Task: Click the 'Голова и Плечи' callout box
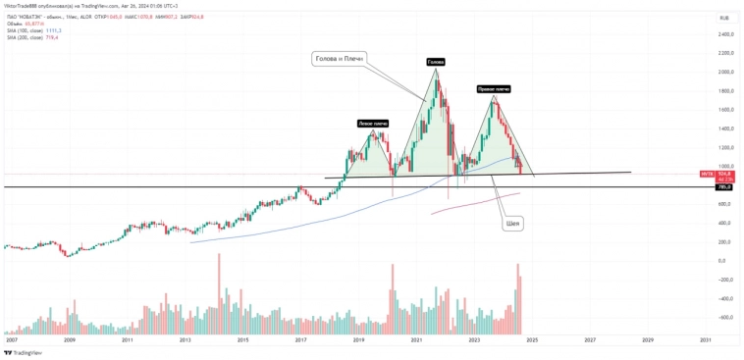pos(339,59)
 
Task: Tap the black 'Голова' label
pos(435,62)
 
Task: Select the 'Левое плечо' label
pos(372,123)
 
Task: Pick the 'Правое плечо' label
pos(493,88)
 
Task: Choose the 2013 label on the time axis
pos(185,340)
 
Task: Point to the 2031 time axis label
pos(705,340)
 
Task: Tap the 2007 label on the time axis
pos(11,340)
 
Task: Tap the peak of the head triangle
pos(436,69)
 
